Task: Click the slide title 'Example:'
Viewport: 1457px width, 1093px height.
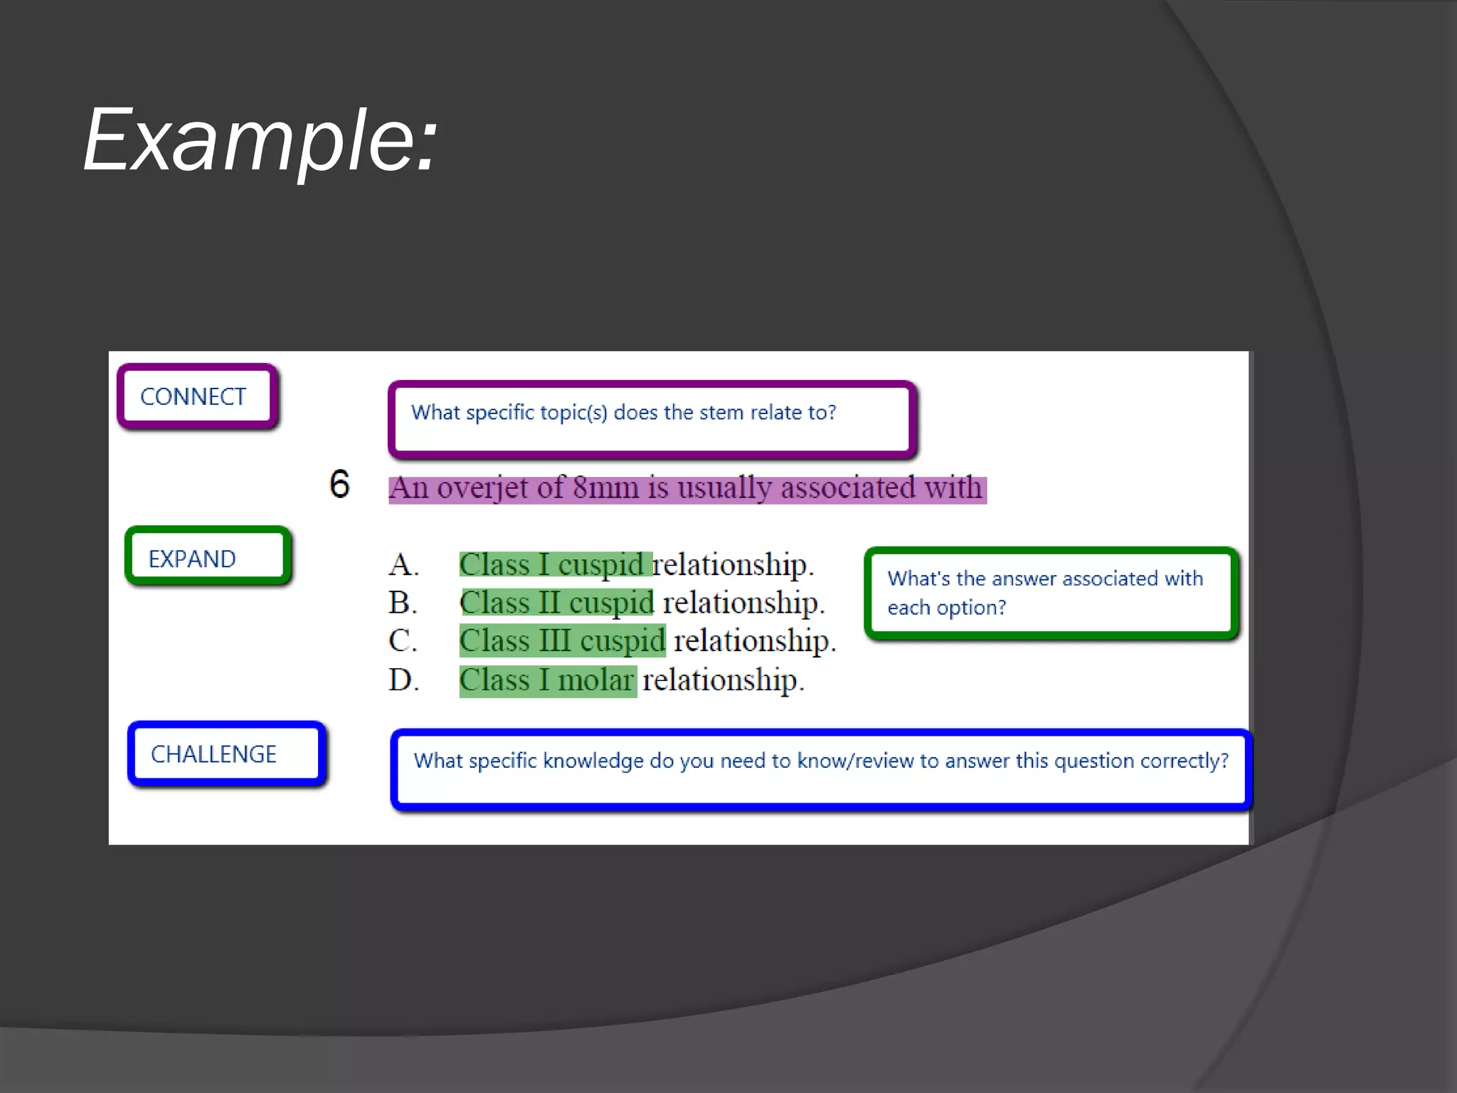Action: tap(260, 141)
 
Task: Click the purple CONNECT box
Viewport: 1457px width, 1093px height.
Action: tap(197, 396)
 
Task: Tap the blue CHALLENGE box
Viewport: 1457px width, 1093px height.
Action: tap(226, 754)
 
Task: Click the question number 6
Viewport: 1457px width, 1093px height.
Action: tap(340, 485)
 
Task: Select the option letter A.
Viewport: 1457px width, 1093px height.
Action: tap(403, 565)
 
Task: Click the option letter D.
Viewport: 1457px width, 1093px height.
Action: tap(403, 680)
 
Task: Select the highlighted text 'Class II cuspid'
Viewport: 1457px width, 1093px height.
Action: tap(557, 603)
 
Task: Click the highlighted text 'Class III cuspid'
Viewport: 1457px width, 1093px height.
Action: tap(563, 641)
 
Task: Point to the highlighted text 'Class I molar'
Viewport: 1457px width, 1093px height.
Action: tap(547, 680)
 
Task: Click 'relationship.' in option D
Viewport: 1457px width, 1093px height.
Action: tap(723, 680)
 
